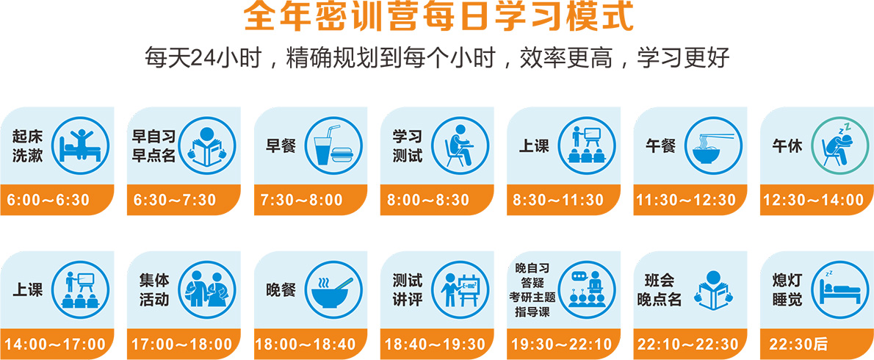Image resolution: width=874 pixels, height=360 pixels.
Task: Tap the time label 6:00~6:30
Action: [49, 200]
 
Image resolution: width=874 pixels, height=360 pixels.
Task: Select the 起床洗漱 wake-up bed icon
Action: [81, 144]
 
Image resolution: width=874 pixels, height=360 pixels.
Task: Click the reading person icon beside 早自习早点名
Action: [207, 144]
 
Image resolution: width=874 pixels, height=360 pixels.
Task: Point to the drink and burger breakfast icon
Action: [334, 144]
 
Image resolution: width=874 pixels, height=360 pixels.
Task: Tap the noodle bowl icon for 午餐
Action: [712, 144]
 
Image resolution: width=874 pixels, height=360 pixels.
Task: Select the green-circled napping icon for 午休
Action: [839, 144]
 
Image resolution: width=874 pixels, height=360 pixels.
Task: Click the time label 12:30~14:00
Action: [815, 200]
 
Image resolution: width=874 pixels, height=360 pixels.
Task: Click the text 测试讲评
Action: [407, 289]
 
